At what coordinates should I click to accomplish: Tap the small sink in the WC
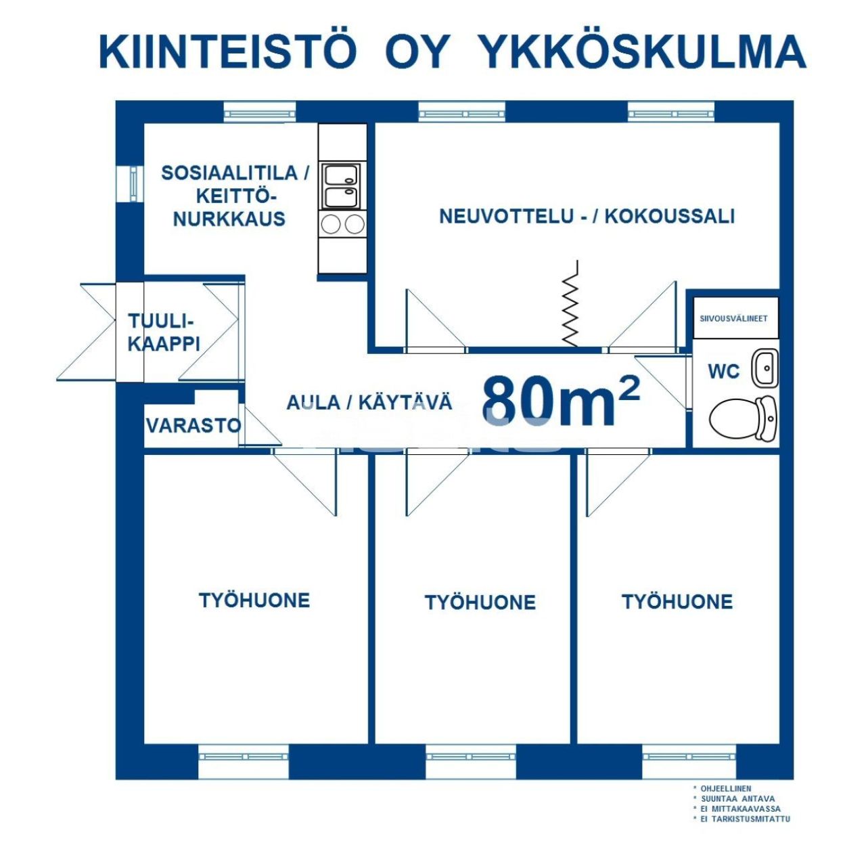pyautogui.click(x=767, y=369)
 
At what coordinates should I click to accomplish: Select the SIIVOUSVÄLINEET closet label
pyautogui.click(x=734, y=318)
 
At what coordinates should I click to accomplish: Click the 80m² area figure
pyautogui.click(x=560, y=401)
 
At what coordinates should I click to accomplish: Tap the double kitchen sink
pyautogui.click(x=342, y=186)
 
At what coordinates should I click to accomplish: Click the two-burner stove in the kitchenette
pyautogui.click(x=342, y=223)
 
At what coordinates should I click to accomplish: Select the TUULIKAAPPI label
pyautogui.click(x=164, y=332)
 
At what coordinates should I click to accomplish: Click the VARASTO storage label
pyautogui.click(x=193, y=426)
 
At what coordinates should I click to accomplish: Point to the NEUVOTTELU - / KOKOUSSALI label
pyautogui.click(x=587, y=217)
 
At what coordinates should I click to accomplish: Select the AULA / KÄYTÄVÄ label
pyautogui.click(x=369, y=403)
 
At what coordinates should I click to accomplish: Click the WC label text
pyautogui.click(x=723, y=372)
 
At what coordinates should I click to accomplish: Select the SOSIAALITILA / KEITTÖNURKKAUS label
pyautogui.click(x=233, y=196)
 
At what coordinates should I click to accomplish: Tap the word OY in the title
pyautogui.click(x=417, y=51)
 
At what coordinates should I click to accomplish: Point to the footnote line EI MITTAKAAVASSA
pyautogui.click(x=740, y=809)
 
